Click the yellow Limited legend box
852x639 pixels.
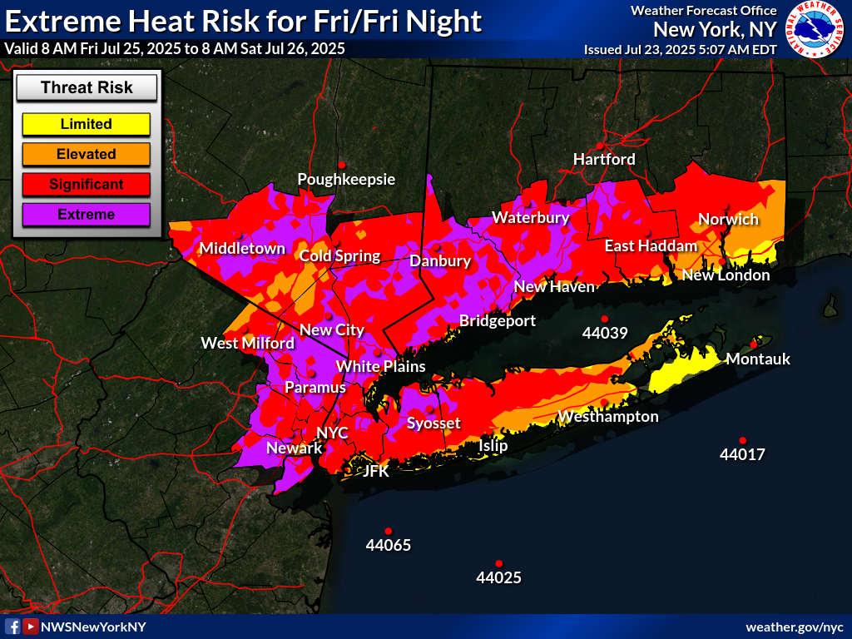pyautogui.click(x=86, y=124)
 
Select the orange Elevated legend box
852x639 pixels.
pyautogui.click(x=86, y=154)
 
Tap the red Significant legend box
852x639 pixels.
pyautogui.click(x=86, y=184)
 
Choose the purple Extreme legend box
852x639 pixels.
pyautogui.click(x=86, y=215)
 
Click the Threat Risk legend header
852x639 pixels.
pyautogui.click(x=87, y=87)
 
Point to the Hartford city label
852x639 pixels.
pyautogui.click(x=604, y=159)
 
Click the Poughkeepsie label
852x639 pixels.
pyautogui.click(x=346, y=179)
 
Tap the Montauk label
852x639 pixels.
pyautogui.click(x=758, y=359)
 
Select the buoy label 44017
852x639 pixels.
pyautogui.click(x=742, y=455)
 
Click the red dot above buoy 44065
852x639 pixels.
pyautogui.click(x=388, y=531)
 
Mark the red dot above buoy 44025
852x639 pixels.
pyautogui.click(x=499, y=563)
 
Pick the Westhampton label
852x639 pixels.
pyautogui.click(x=608, y=416)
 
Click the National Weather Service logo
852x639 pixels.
pyautogui.click(x=815, y=31)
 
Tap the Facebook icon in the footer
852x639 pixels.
pyautogui.click(x=12, y=627)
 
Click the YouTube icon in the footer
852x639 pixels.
pyautogui.click(x=30, y=627)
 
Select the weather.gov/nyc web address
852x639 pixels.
pyautogui.click(x=794, y=627)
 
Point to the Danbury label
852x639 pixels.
pyautogui.click(x=440, y=261)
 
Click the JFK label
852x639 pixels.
pyautogui.click(x=376, y=470)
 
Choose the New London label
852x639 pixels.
pyautogui.click(x=726, y=275)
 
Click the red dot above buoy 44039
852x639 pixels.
pyautogui.click(x=605, y=319)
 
